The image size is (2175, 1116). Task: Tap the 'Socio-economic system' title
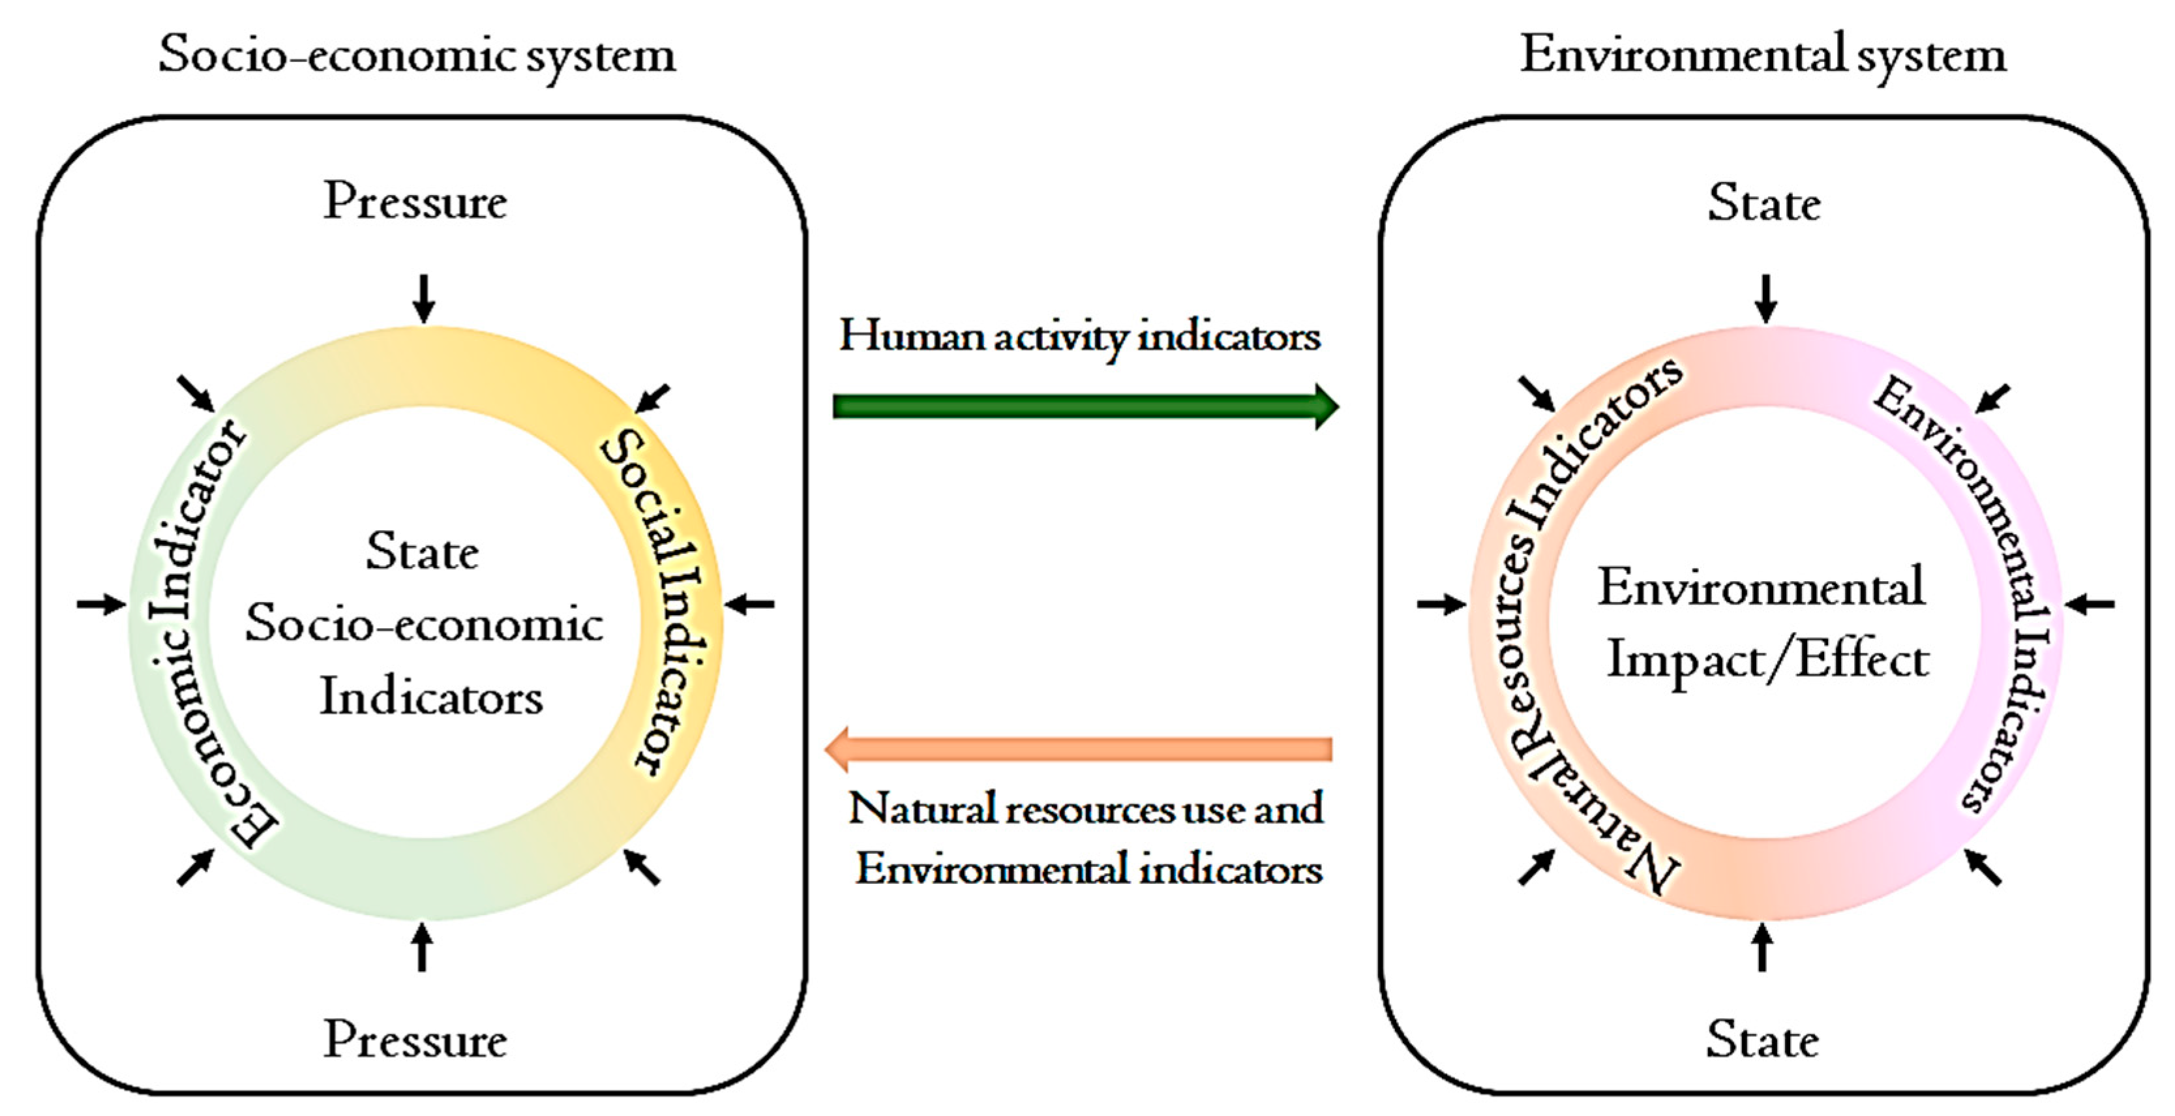tap(417, 55)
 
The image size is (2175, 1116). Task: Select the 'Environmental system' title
tap(1763, 55)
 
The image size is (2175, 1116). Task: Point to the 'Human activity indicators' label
tap(1079, 337)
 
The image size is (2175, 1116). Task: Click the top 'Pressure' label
tap(415, 203)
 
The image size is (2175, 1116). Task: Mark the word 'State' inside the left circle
tap(422, 553)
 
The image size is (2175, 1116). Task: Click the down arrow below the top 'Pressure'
tap(424, 298)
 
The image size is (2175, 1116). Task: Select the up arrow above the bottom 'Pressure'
tap(421, 946)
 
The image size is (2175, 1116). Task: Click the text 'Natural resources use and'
tap(1086, 809)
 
